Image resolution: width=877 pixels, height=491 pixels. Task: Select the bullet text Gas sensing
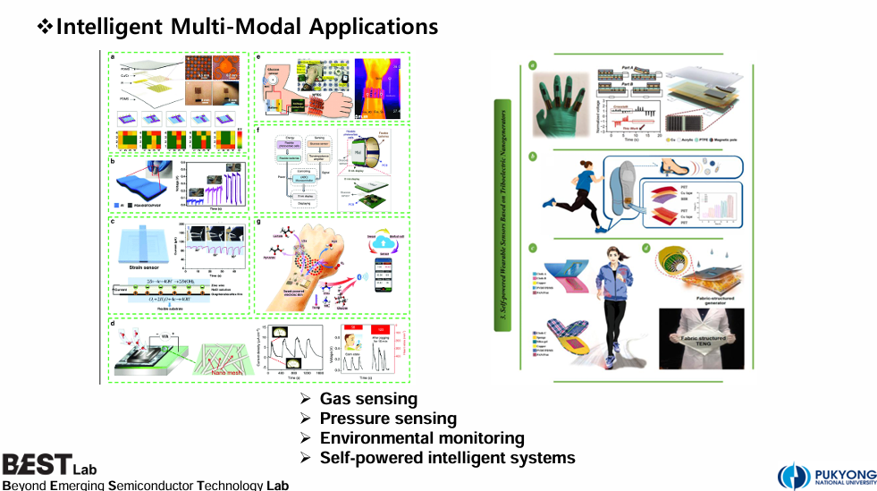(368, 399)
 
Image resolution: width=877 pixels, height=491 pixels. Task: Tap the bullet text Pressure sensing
(388, 419)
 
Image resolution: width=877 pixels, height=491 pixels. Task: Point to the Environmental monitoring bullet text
(422, 438)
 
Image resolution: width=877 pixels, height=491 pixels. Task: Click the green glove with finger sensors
(563, 107)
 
